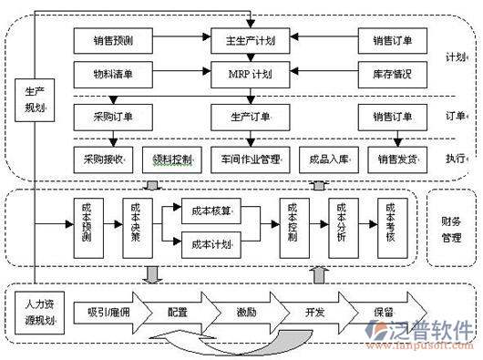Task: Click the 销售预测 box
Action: tap(113, 40)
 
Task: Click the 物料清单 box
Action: tap(113, 72)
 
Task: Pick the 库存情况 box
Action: tap(393, 72)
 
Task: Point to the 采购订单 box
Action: tap(113, 117)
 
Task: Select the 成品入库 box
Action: tap(328, 159)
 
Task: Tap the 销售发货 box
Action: tap(397, 159)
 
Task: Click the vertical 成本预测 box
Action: tap(87, 224)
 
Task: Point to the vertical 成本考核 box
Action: tap(391, 224)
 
